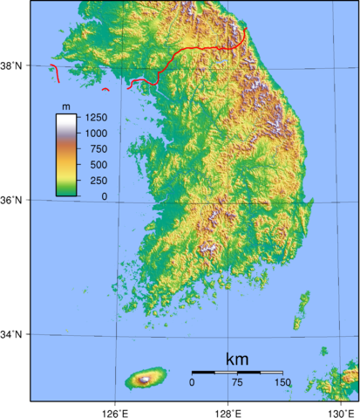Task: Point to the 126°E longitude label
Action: pos(115,411)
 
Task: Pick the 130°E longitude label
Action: pos(342,411)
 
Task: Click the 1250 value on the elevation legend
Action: pos(96,117)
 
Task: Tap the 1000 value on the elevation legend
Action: pos(96,133)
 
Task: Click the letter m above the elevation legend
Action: pos(65,106)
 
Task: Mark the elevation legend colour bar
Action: pos(66,155)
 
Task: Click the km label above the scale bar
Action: pos(237,360)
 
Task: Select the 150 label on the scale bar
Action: pos(282,382)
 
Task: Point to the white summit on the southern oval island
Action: pos(143,379)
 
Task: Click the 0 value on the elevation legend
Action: pos(105,196)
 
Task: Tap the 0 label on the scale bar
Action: pos(192,382)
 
